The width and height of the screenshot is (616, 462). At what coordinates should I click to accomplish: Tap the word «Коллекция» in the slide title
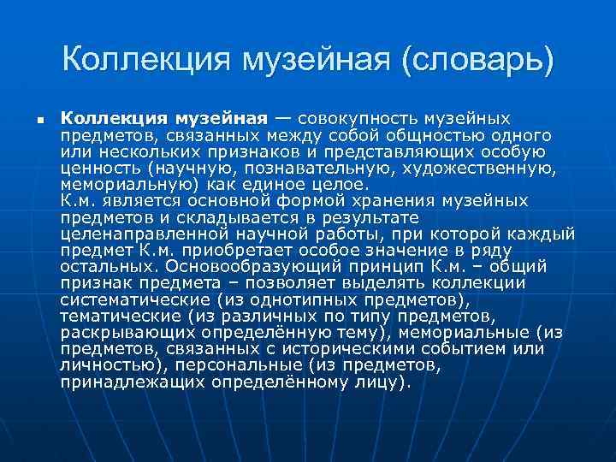[x=150, y=59]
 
